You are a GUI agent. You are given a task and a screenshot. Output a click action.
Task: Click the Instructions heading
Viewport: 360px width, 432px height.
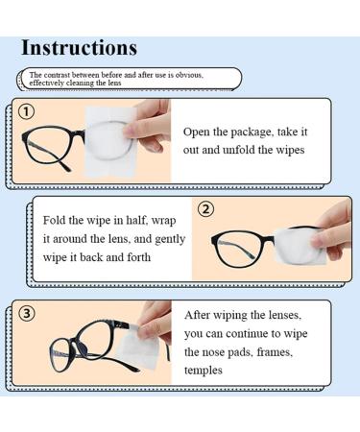pyautogui.click(x=79, y=47)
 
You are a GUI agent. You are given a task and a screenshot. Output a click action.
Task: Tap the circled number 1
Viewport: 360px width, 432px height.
pyautogui.click(x=27, y=112)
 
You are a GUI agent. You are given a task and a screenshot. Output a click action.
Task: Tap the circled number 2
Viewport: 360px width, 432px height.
pyautogui.click(x=205, y=209)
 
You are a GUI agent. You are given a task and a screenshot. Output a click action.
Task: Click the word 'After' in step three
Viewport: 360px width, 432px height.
pyautogui.click(x=202, y=315)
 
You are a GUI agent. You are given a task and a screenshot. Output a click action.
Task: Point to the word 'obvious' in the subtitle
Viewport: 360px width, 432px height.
pyautogui.click(x=199, y=74)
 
